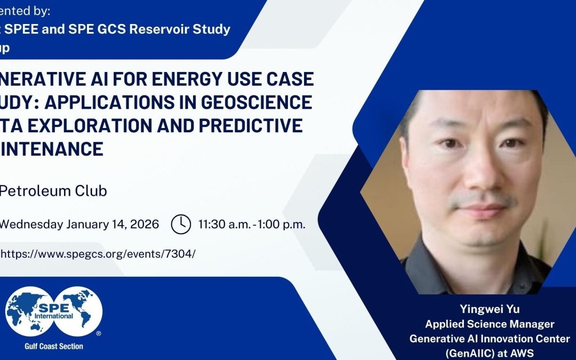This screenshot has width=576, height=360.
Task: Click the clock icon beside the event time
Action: click(x=181, y=224)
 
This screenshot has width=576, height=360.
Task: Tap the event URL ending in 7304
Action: click(x=98, y=253)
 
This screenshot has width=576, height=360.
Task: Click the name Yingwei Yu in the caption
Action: click(x=489, y=309)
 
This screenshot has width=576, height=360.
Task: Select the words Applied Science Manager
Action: click(x=489, y=324)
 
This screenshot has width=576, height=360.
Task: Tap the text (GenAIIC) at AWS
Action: click(x=489, y=353)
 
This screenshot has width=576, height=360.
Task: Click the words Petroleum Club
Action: click(x=53, y=190)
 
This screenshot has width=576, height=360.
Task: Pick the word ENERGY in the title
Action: click(x=173, y=79)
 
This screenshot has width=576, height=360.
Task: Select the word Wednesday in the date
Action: click(x=31, y=224)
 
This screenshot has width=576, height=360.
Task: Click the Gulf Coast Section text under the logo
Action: click(x=54, y=346)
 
